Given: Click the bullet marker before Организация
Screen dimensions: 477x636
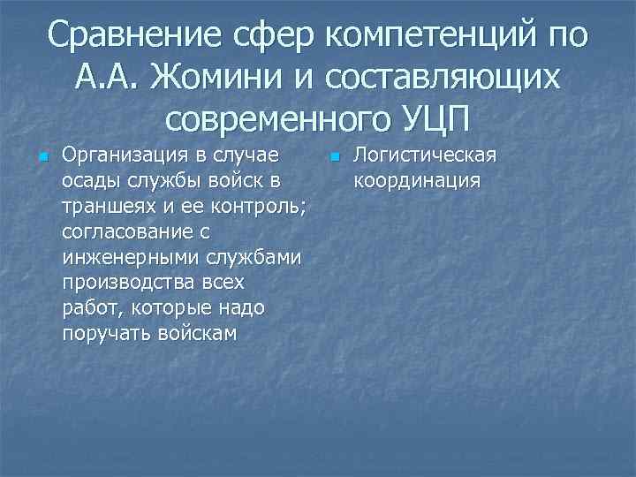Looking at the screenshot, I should click(41, 157).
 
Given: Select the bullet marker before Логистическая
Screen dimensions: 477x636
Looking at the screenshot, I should click(333, 157).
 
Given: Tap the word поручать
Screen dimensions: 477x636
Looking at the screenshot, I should click(102, 333).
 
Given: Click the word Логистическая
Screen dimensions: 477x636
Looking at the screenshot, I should click(425, 155).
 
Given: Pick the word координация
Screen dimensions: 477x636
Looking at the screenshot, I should click(416, 181).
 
